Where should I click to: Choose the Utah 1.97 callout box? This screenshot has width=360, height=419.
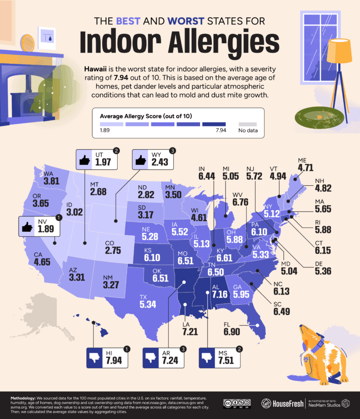click(x=97, y=160)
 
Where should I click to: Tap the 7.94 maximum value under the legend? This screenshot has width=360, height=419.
click(x=221, y=130)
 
